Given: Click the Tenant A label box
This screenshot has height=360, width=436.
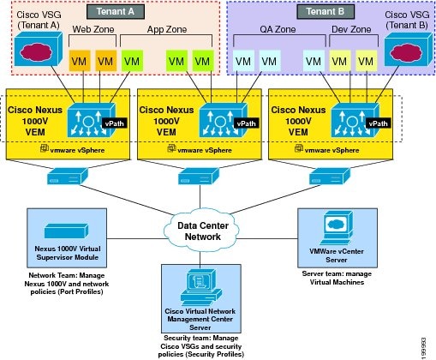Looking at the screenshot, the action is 116,12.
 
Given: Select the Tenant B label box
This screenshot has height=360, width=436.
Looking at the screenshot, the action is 326,12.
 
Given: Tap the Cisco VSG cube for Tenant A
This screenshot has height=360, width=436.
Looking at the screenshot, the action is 39,49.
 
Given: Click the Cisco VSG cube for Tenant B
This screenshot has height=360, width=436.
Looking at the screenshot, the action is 408,49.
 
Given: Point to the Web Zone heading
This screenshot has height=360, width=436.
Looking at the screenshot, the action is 93,29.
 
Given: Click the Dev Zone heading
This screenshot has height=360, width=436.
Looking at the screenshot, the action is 351,29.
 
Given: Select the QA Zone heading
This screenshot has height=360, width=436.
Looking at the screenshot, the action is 278,29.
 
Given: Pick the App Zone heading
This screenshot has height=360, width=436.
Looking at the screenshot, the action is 167,29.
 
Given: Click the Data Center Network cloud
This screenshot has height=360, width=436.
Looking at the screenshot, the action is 202,231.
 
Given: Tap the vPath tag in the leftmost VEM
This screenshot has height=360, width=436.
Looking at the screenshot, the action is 115,123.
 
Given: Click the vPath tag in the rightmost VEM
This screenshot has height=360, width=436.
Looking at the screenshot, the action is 378,123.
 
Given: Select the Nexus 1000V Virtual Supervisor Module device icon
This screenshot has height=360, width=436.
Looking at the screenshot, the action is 67,231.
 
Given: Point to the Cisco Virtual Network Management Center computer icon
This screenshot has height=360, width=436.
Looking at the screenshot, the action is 200,288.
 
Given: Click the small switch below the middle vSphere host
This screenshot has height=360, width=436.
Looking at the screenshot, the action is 199,176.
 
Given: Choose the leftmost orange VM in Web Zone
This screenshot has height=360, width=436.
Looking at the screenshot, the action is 80,61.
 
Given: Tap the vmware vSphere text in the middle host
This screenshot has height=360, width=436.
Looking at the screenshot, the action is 205,150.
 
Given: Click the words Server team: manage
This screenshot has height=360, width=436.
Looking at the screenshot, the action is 337,273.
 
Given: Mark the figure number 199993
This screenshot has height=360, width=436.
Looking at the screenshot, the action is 424,348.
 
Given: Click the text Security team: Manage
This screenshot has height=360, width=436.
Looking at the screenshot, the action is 201,338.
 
